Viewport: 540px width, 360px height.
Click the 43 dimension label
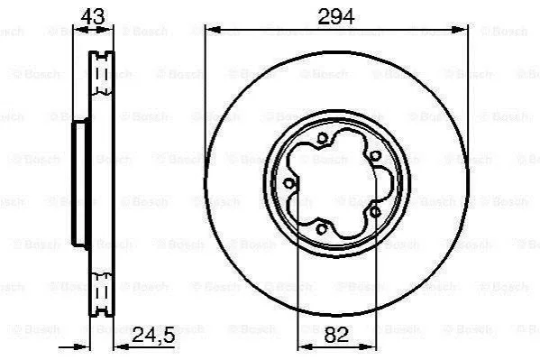pyautogui.click(x=93, y=16)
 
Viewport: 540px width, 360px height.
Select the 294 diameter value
pyautogui.click(x=335, y=16)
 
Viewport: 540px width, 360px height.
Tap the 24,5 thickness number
pyautogui.click(x=153, y=335)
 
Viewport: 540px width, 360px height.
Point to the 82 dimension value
pyautogui.click(x=336, y=335)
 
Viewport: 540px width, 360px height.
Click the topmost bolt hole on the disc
pyautogui.click(x=322, y=138)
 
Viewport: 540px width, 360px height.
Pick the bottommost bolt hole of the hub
pyautogui.click(x=321, y=228)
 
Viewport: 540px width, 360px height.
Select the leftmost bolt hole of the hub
pyautogui.click(x=289, y=183)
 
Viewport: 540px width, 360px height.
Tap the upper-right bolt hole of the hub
pyautogui.click(x=375, y=156)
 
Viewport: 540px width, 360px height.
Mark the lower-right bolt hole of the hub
pyautogui.click(x=375, y=212)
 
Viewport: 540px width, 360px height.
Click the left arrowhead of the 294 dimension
pyautogui.click(x=213, y=30)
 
